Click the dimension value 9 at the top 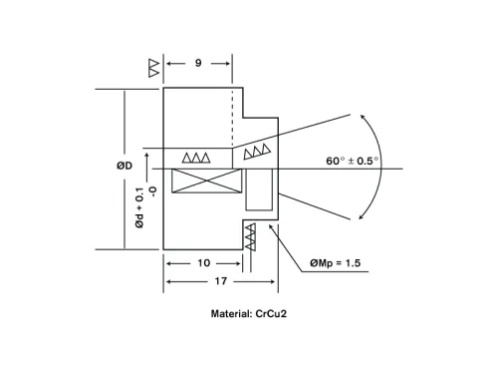point(198,64)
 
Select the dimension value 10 point(203,263)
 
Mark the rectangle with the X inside point(207,184)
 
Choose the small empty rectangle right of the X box point(260,188)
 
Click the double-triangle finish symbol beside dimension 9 point(152,67)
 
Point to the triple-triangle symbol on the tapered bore point(257,151)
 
